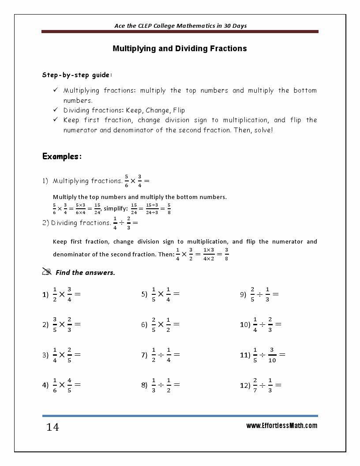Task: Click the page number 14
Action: pos(52,427)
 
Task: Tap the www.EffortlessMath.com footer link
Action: pos(281,426)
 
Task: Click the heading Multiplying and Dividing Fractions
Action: pos(180,49)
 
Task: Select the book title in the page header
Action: pos(180,26)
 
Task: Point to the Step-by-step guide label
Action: pos(71,75)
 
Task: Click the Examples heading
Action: pos(62,156)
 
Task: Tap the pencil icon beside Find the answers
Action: pos(47,272)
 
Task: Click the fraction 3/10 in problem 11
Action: pos(272,355)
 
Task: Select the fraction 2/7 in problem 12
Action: pos(255,385)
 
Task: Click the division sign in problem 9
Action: pos(260,294)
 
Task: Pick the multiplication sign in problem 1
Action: pos(62,294)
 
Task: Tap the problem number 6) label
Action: pos(144,325)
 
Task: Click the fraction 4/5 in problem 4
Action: pos(70,385)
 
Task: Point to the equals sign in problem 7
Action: pos(177,355)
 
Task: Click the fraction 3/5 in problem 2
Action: pos(55,324)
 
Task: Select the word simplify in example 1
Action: pos(116,208)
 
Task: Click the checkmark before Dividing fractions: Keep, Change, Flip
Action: pos(55,110)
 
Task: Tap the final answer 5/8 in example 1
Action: pos(169,208)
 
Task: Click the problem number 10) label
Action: pos(245,325)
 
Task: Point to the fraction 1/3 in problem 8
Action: pos(154,385)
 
